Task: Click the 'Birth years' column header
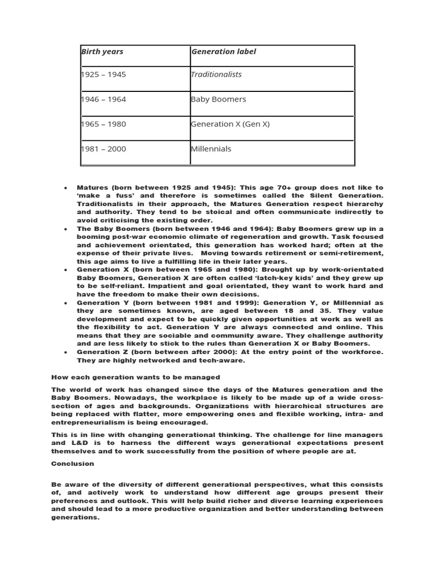103,52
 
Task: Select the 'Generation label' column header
224,52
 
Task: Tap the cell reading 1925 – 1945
104,74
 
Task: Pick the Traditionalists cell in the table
216,74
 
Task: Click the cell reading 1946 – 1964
104,99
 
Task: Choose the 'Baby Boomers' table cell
219,99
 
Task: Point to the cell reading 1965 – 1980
104,124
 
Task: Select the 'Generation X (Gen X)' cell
231,124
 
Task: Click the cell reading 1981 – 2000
104,149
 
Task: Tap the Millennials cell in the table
211,149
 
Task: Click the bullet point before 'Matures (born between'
66,187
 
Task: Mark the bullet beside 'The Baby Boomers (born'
66,229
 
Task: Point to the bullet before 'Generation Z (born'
66,352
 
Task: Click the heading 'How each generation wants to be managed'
136,377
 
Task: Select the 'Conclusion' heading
72,463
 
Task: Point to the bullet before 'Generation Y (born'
66,302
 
